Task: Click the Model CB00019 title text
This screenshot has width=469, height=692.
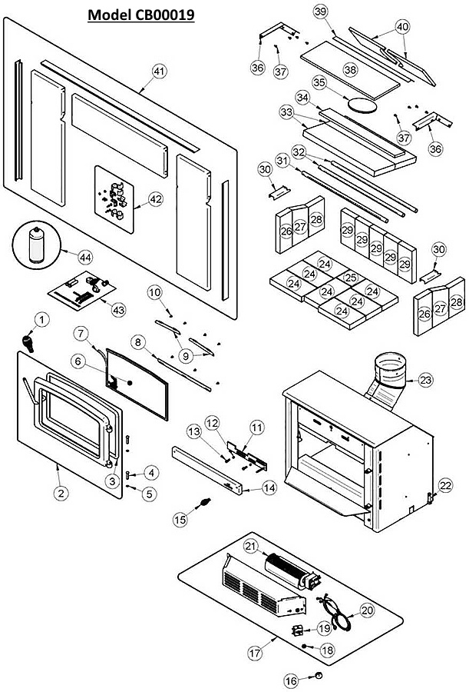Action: [140, 15]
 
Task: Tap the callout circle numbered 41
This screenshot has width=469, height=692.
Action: [159, 71]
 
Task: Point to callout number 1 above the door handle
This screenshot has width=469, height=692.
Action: [41, 318]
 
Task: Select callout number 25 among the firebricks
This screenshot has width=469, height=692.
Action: [350, 278]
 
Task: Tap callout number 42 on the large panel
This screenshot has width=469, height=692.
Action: [156, 198]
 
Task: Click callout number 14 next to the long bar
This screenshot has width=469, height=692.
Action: [269, 487]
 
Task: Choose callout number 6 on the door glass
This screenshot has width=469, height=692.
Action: [78, 360]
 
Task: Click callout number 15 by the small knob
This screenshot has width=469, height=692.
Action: [180, 520]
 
